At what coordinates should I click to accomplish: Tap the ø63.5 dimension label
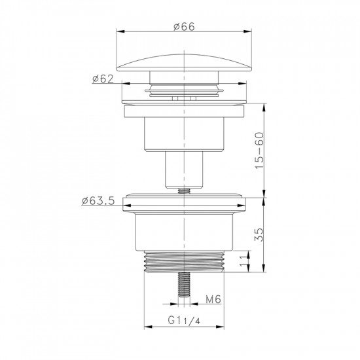pos(99,200)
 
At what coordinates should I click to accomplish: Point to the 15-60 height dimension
pos(260,151)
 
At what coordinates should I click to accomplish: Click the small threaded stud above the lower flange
pos(184,190)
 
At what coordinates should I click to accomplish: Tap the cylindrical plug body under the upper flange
pos(183,134)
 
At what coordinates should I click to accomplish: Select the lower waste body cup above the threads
pos(183,232)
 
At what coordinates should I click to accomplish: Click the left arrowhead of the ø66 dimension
pos(120,31)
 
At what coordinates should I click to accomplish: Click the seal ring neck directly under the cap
pos(183,87)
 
